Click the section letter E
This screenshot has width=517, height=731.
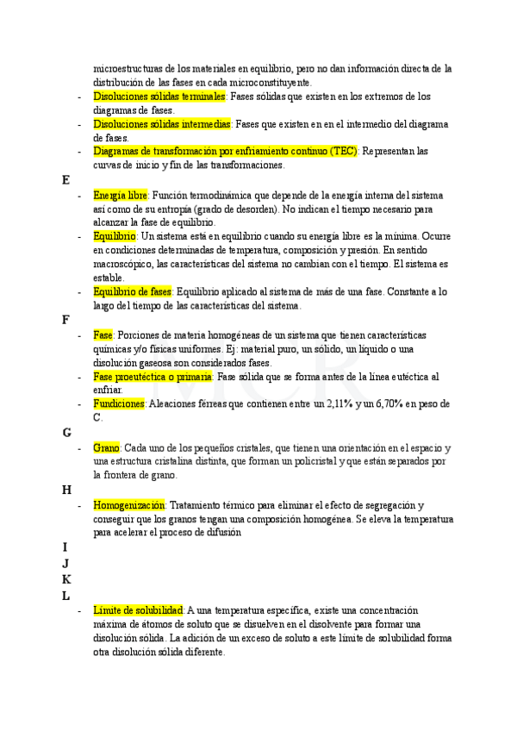point(65,180)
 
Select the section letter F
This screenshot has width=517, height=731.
point(65,320)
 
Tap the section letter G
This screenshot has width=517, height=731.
point(66,433)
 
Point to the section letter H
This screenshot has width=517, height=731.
point(66,490)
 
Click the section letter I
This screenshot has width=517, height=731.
point(65,547)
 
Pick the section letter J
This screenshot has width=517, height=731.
point(65,563)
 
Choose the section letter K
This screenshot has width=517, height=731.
point(66,579)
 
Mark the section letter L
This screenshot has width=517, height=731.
point(65,596)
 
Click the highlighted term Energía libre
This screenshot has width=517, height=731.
point(121,196)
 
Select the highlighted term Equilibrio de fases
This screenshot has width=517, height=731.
point(133,291)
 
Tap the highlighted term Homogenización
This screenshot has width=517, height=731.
point(128,505)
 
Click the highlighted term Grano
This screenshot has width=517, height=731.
point(107,448)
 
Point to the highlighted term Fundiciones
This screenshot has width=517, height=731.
point(119,403)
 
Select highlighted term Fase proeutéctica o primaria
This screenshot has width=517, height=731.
point(153,377)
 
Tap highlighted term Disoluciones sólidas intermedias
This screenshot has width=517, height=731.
point(162,124)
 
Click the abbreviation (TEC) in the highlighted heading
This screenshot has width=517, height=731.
point(342,151)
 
